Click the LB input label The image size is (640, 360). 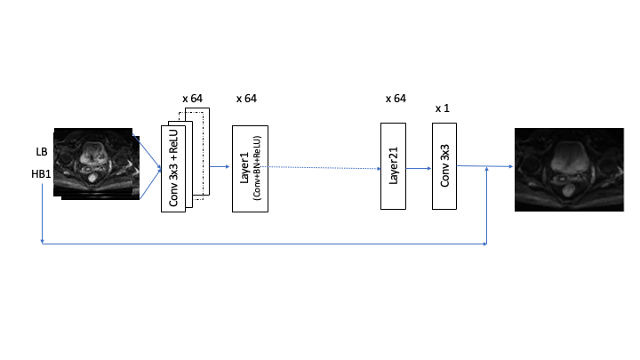coord(42,153)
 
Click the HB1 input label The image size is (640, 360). coord(42,175)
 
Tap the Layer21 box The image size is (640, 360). coord(393,166)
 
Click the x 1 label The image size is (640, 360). coord(443,108)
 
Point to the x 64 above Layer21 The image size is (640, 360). coord(395,98)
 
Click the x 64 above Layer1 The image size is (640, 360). coord(247,98)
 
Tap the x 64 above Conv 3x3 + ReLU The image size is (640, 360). coord(193,98)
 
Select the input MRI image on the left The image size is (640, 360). coord(96,164)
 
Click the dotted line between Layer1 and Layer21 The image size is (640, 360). coord(324,167)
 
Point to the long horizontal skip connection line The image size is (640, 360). coord(267,243)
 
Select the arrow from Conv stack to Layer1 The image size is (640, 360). coord(220,166)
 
